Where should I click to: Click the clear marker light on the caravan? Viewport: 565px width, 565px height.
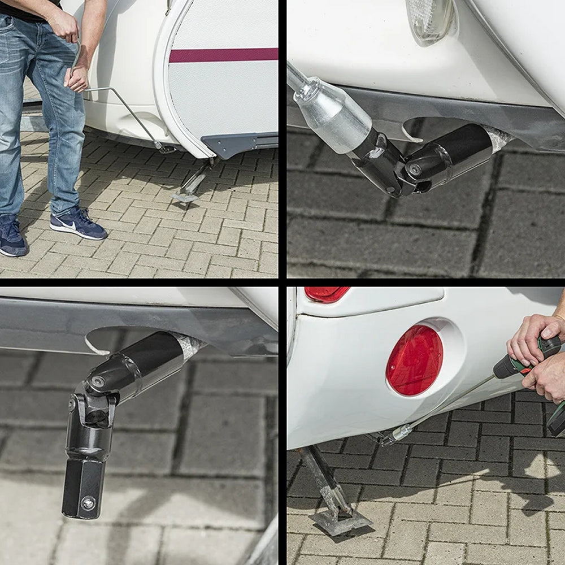pos(431,20)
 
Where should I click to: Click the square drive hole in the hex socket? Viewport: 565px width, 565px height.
pos(88,502)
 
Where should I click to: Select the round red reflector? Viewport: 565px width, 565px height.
pos(414,360)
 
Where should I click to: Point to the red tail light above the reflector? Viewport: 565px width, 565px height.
pos(326,294)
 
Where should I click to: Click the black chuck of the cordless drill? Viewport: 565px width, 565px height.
pos(505,367)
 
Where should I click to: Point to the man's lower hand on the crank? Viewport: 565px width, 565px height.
pos(77,77)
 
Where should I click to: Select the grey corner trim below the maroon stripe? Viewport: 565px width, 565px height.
pos(237,144)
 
